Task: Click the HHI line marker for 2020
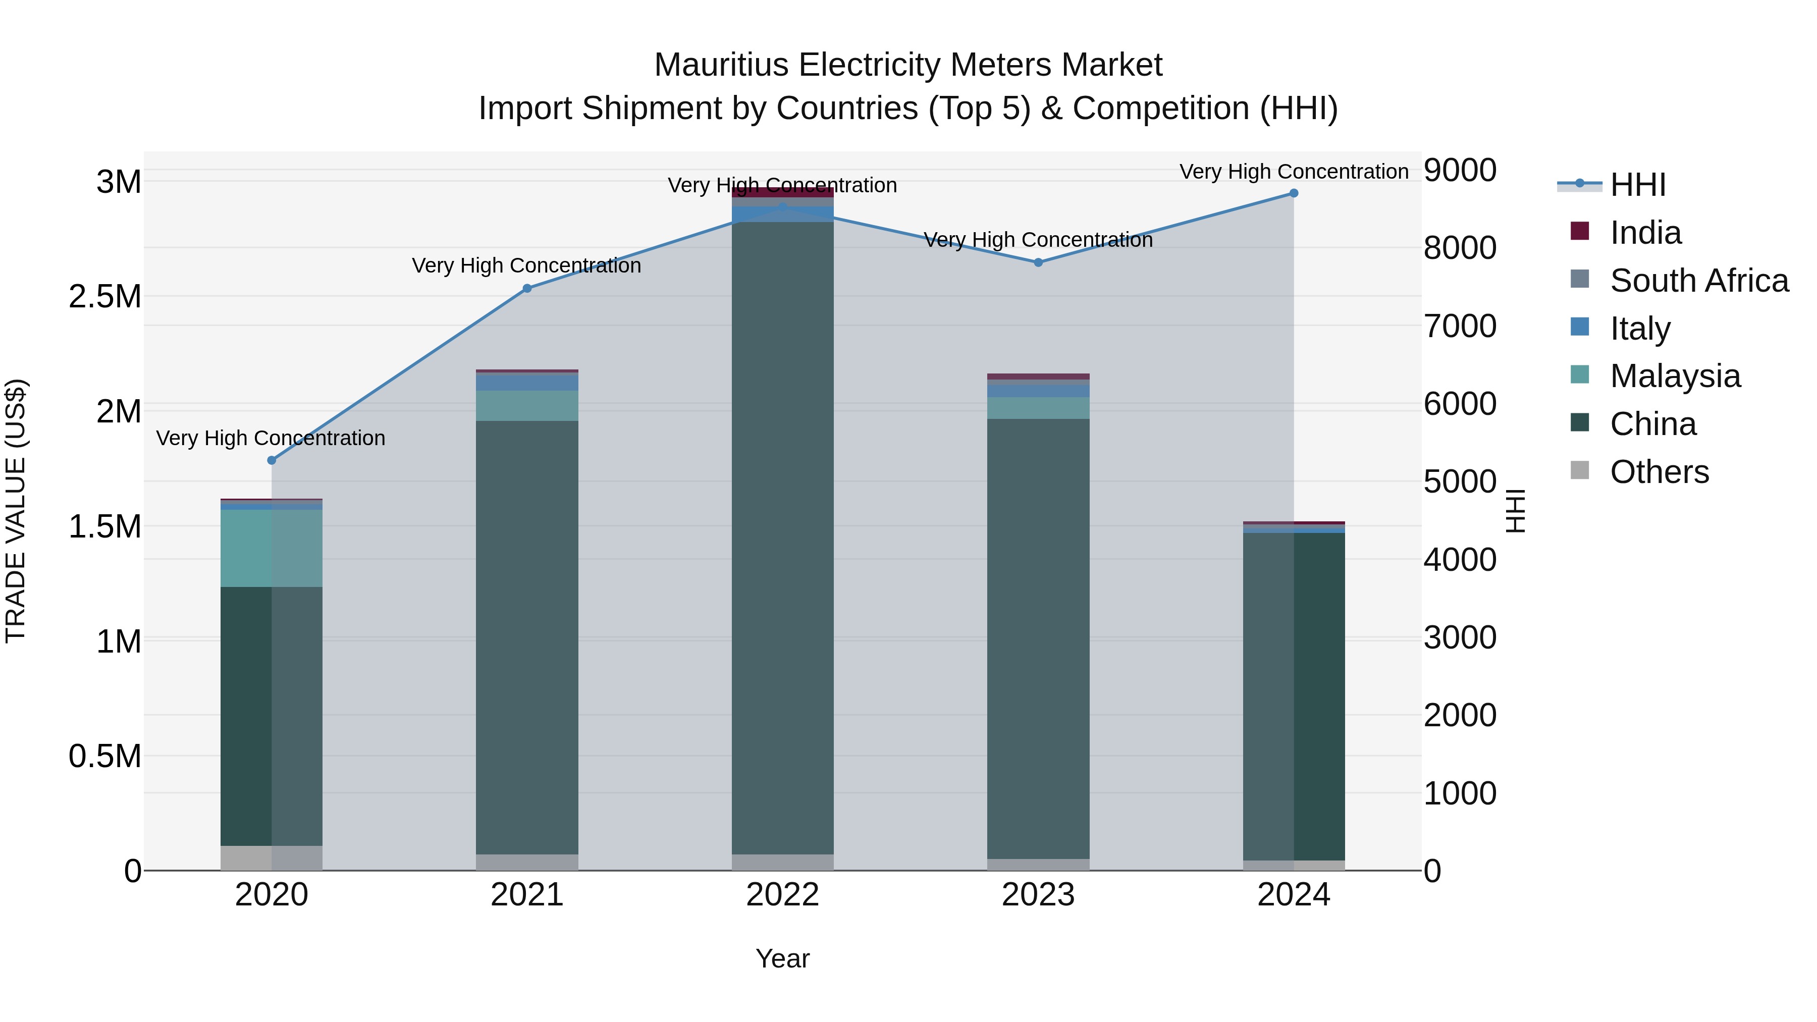(x=272, y=460)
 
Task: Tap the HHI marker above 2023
(x=1038, y=262)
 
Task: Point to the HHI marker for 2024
(x=1294, y=193)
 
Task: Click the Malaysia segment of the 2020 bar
(x=272, y=548)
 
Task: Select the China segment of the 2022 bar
(x=782, y=536)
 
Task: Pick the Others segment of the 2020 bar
(x=272, y=857)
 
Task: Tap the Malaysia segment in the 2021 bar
(x=527, y=406)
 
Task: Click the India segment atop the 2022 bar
(x=782, y=191)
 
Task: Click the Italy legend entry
(x=1640, y=329)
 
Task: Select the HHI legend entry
(x=1637, y=185)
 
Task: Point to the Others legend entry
(x=1659, y=472)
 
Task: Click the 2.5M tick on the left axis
(x=105, y=297)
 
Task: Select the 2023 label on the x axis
(x=1038, y=895)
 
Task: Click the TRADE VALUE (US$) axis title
(x=16, y=511)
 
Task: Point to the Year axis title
(x=782, y=958)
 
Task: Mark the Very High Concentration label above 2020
(x=271, y=438)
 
